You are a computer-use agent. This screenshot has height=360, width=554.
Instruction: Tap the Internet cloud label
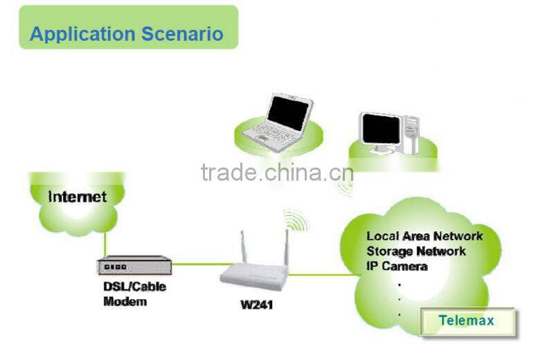pos(78,197)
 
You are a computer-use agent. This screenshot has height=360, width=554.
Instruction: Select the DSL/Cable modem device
pos(133,266)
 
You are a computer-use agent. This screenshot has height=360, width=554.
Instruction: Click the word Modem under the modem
pos(125,302)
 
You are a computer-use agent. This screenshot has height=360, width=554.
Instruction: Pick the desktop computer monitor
pos(380,129)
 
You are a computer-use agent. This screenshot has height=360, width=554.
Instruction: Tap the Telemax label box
pos(467,321)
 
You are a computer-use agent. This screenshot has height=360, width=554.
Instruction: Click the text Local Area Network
pos(424,236)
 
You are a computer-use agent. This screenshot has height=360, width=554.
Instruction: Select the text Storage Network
pos(415,251)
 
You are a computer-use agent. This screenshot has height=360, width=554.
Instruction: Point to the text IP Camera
pos(397,266)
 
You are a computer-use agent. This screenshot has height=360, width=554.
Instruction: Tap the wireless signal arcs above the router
pos(296,220)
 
